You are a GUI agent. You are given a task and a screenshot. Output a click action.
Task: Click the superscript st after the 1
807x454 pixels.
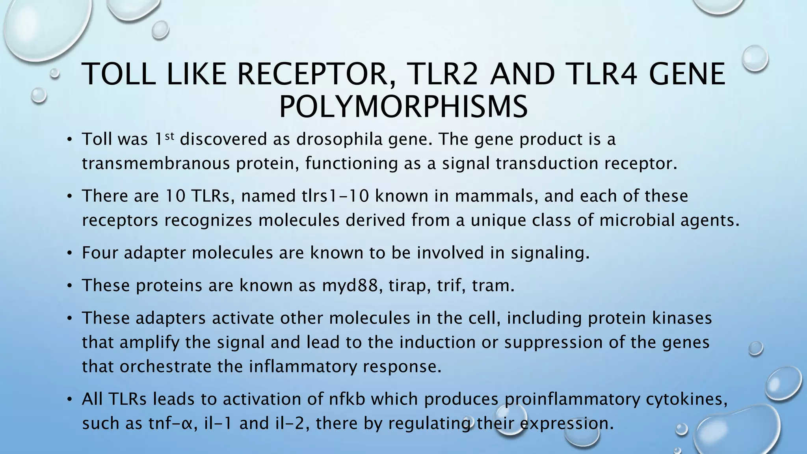169,136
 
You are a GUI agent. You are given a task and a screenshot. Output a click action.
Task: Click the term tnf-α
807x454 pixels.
172,423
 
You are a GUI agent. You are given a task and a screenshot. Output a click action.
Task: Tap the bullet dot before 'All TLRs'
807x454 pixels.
69,400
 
